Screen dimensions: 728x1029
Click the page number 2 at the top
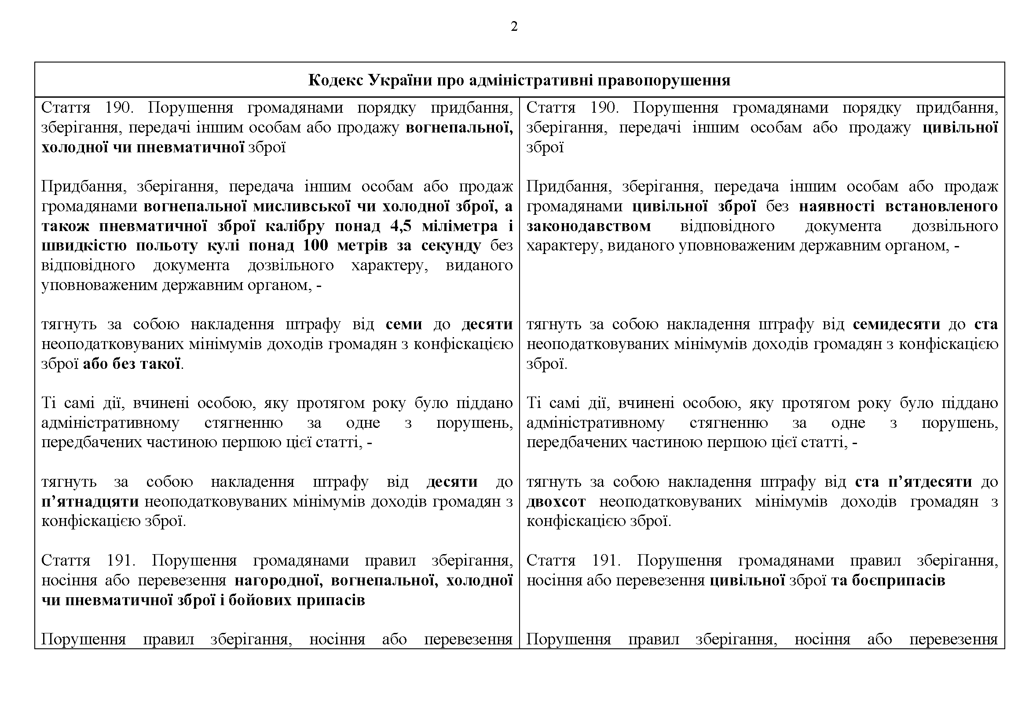[514, 27]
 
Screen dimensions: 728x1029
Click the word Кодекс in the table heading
[336, 80]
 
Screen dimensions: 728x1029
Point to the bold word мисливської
[301, 206]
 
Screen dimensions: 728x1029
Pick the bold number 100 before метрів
[315, 246]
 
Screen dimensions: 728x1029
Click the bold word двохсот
[556, 502]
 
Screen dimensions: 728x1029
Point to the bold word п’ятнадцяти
[90, 502]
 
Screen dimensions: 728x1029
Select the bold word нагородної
[278, 581]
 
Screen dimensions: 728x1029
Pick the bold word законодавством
[589, 226]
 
